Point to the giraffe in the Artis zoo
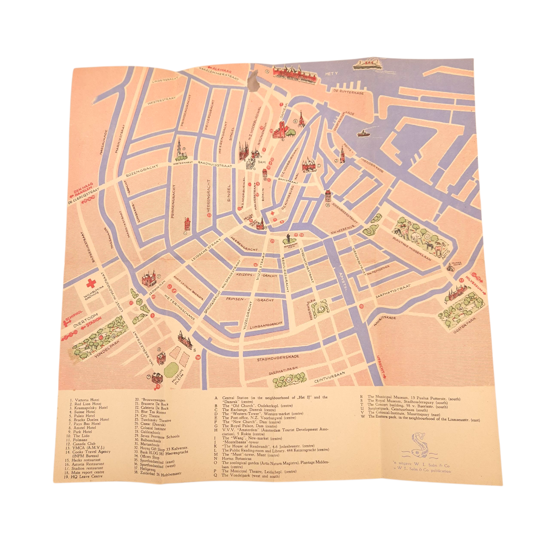pos(408,228)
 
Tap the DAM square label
pos(261,162)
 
